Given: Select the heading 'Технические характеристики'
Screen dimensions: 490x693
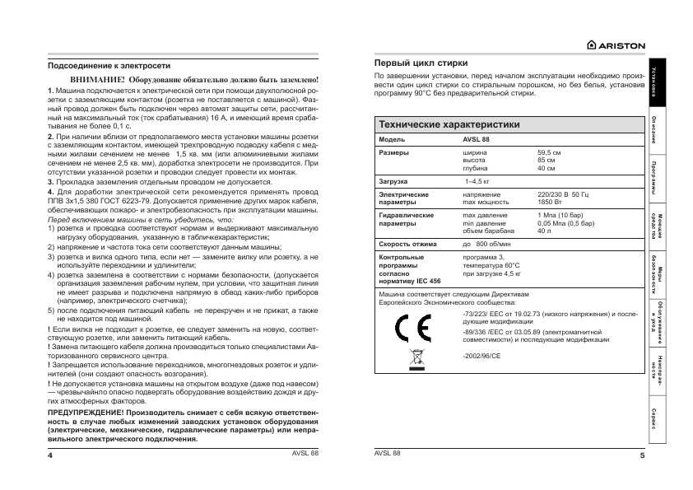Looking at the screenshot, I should coord(449,124).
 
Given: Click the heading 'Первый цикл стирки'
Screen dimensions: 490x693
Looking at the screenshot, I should coord(421,63).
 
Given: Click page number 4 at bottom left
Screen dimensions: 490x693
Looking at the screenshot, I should coord(50,455).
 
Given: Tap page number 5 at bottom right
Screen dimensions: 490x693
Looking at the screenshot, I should coord(641,455).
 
